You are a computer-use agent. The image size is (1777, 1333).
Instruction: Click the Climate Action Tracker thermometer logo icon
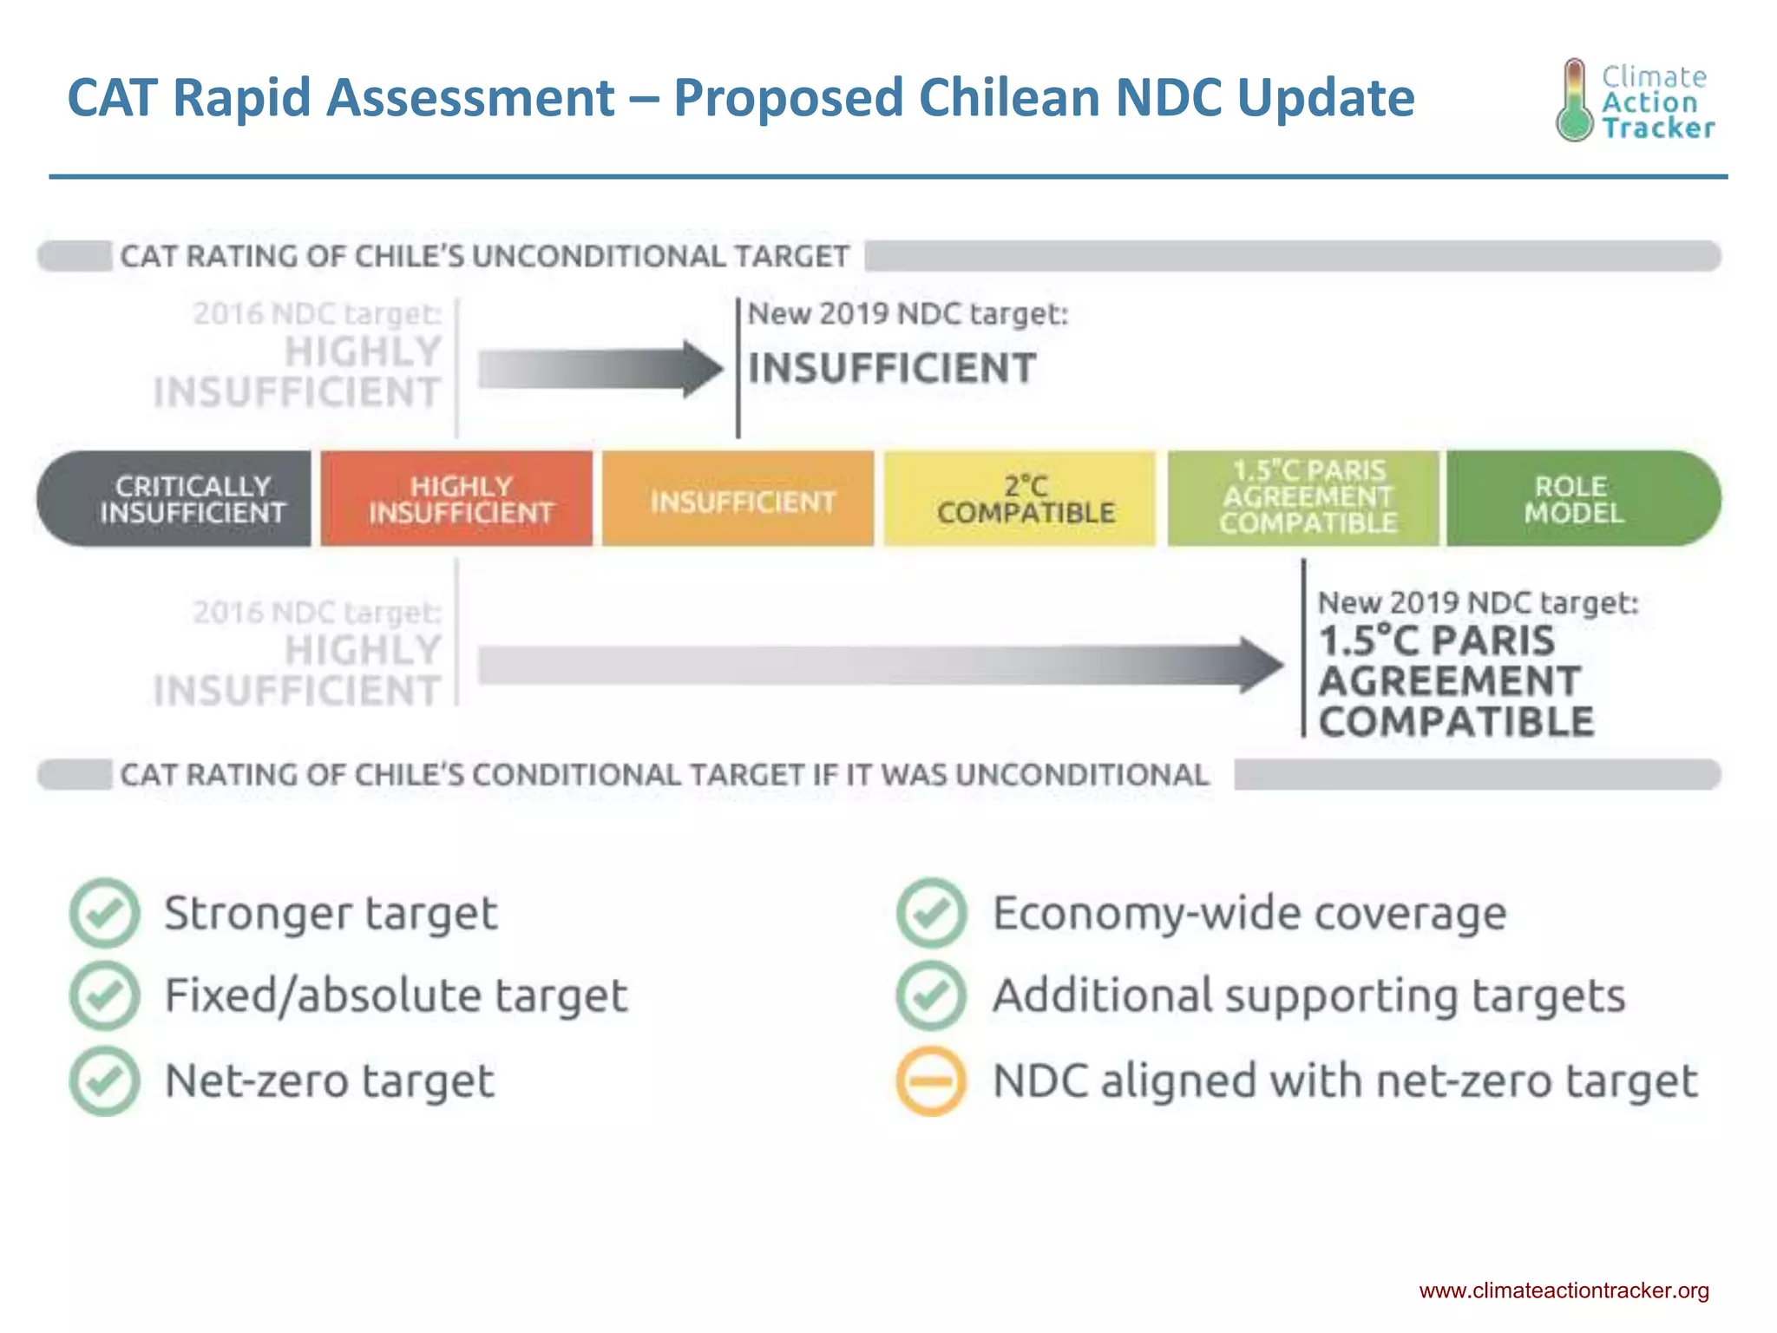(x=1574, y=101)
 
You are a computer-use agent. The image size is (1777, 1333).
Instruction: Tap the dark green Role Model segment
(x=1579, y=499)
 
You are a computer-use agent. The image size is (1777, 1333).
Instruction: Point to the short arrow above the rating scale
(x=599, y=369)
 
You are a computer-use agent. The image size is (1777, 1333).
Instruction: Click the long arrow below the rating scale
(x=876, y=666)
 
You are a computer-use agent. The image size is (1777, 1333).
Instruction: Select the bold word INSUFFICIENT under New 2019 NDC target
(x=892, y=368)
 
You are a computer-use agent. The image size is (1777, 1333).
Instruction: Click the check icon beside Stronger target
(x=104, y=913)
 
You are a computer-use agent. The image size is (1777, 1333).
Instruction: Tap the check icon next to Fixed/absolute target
(x=104, y=995)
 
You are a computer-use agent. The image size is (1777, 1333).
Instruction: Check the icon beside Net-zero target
(x=104, y=1080)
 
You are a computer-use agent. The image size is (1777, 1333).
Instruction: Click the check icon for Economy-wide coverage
(x=931, y=913)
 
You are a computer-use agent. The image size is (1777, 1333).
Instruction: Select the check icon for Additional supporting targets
(x=931, y=995)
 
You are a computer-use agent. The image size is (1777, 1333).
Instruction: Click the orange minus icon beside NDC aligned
(x=931, y=1080)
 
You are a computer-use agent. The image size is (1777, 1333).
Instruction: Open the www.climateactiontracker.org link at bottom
(x=1564, y=1290)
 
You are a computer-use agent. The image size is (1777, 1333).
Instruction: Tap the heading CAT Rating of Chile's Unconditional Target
(x=484, y=257)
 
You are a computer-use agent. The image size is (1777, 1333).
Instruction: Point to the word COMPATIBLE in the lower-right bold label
(x=1456, y=722)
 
